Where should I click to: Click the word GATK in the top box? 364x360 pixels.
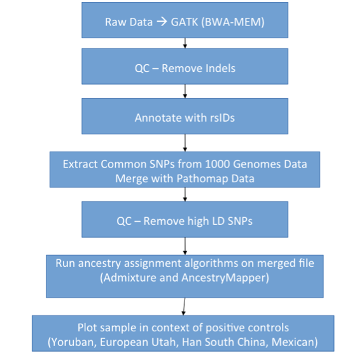(185, 22)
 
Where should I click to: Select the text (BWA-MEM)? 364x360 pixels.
(233, 22)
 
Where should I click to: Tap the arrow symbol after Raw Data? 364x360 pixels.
(162, 22)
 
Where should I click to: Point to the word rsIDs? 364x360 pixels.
(222, 118)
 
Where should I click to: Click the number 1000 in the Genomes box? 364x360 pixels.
(217, 164)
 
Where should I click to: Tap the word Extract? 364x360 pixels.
(80, 164)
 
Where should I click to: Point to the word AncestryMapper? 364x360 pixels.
(225, 278)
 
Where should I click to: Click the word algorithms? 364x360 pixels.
(212, 264)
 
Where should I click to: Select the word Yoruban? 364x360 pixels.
(72, 342)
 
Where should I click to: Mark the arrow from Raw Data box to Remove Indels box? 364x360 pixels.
(185, 43)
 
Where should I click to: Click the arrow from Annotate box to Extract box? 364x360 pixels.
(185, 143)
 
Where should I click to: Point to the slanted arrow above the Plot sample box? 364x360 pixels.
(184, 306)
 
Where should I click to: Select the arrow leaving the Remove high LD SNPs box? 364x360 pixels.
(185, 246)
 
